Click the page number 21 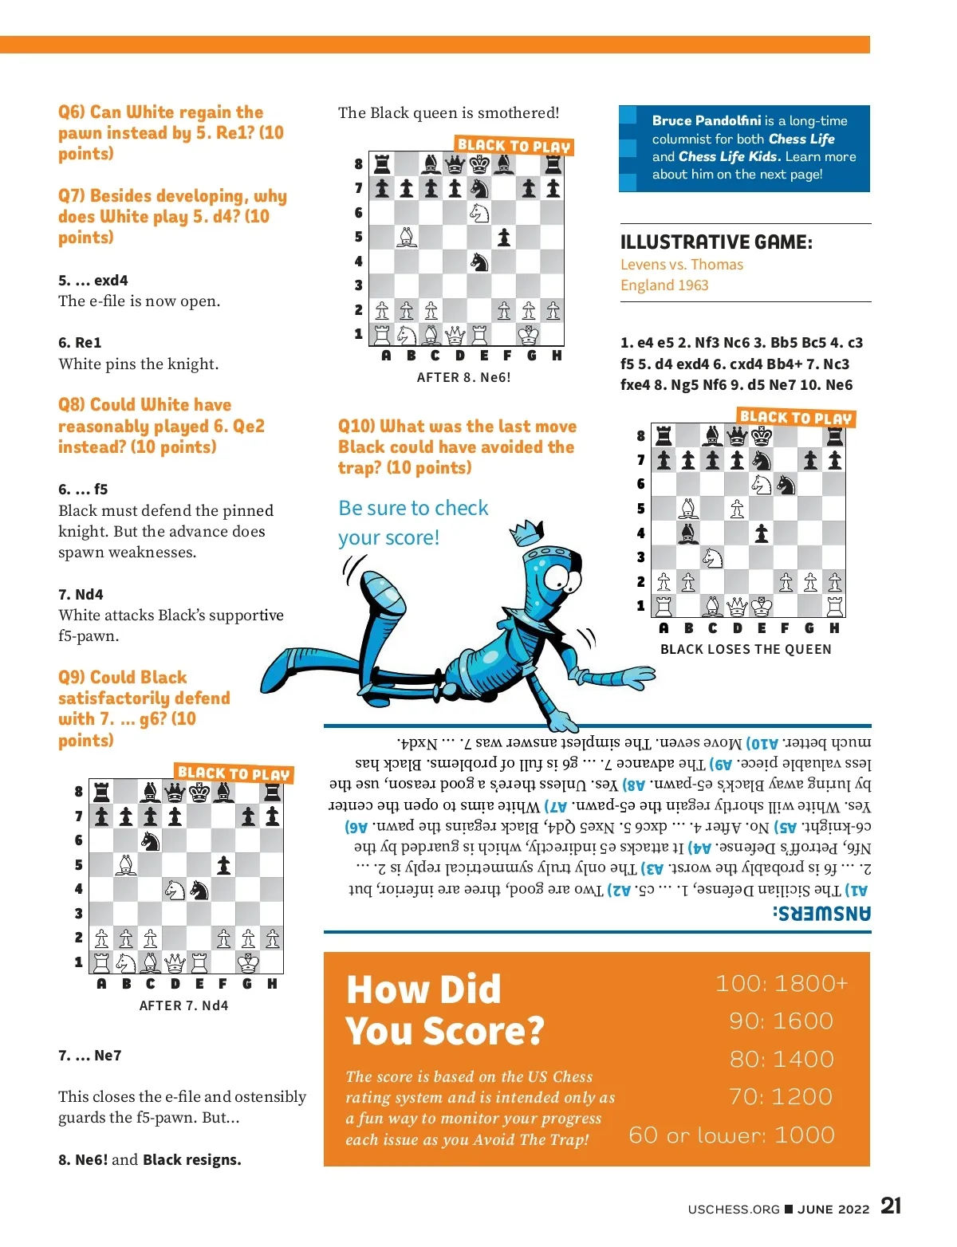click(891, 1206)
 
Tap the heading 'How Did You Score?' click(444, 1010)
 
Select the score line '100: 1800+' click(781, 983)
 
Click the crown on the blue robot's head click(526, 531)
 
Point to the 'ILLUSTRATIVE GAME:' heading click(716, 242)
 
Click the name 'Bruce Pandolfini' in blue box click(706, 120)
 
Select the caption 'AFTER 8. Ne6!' click(463, 377)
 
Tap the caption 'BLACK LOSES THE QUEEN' click(746, 649)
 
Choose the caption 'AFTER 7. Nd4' click(183, 1005)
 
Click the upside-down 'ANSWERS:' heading click(821, 913)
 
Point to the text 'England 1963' click(664, 285)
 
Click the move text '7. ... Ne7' click(90, 1056)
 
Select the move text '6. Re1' click(80, 343)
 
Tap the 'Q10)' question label click(356, 427)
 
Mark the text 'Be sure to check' click(413, 508)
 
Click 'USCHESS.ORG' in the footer click(734, 1209)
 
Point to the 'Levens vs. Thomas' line click(682, 265)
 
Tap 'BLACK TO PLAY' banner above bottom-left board click(234, 773)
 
